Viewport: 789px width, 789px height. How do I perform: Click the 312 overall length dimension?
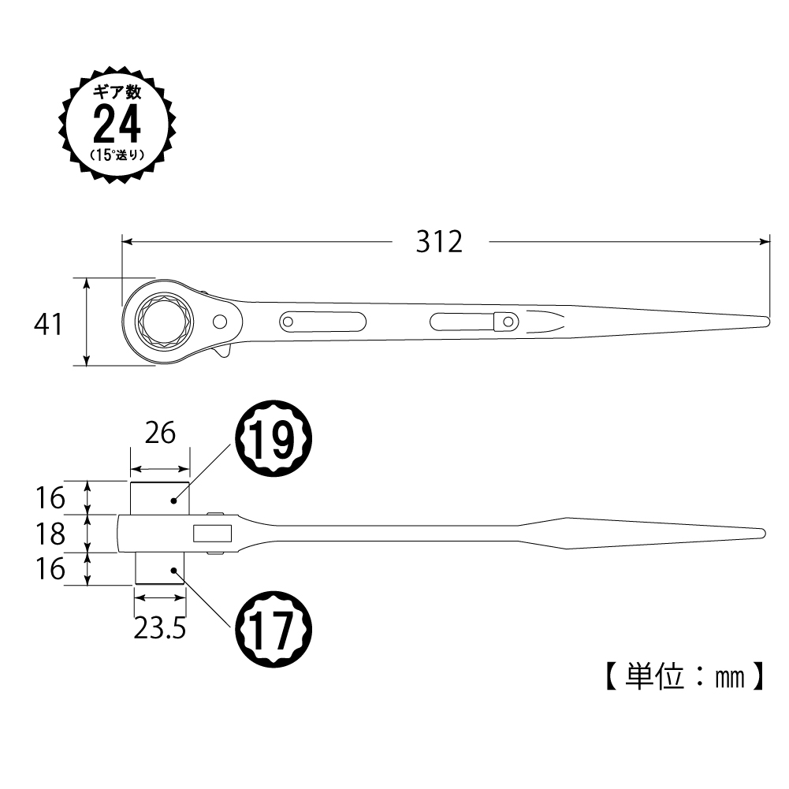[439, 242]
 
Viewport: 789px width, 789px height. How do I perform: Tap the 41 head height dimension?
[48, 324]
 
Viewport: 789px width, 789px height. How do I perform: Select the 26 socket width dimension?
[160, 434]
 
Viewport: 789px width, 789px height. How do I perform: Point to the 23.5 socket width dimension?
[159, 628]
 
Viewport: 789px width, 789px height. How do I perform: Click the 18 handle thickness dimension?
[50, 534]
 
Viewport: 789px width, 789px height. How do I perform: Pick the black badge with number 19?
[274, 438]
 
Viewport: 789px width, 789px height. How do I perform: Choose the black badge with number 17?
[274, 630]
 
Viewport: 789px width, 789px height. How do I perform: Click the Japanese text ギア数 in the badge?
[117, 92]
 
